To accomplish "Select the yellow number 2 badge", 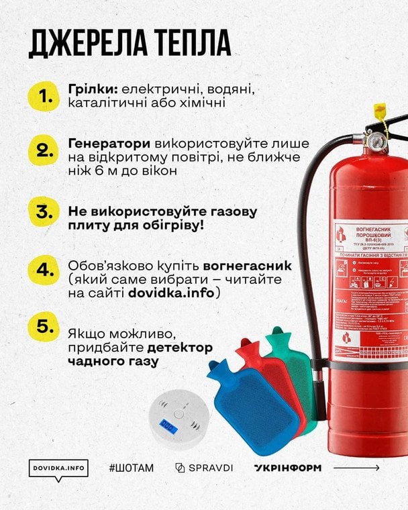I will click(x=46, y=150).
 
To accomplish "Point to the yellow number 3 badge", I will click(x=46, y=212).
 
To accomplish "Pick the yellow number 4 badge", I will click(x=46, y=270).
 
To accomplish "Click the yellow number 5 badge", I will click(x=46, y=327).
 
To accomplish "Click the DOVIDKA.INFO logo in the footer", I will click(x=60, y=468).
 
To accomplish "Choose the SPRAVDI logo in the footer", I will click(x=204, y=468).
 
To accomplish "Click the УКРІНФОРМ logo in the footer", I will click(x=287, y=468).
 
